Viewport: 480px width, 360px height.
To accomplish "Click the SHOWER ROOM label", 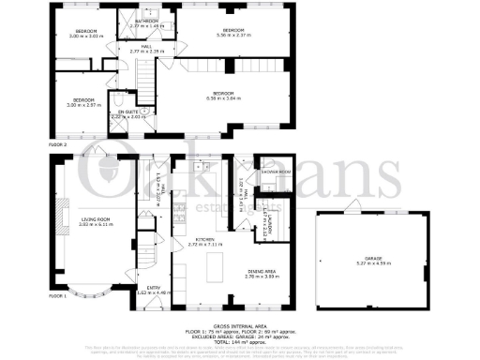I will coord(252,173).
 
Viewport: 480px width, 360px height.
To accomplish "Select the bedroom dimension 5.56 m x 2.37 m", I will coord(233,35).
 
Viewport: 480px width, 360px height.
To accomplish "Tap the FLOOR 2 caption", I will coord(58,145).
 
